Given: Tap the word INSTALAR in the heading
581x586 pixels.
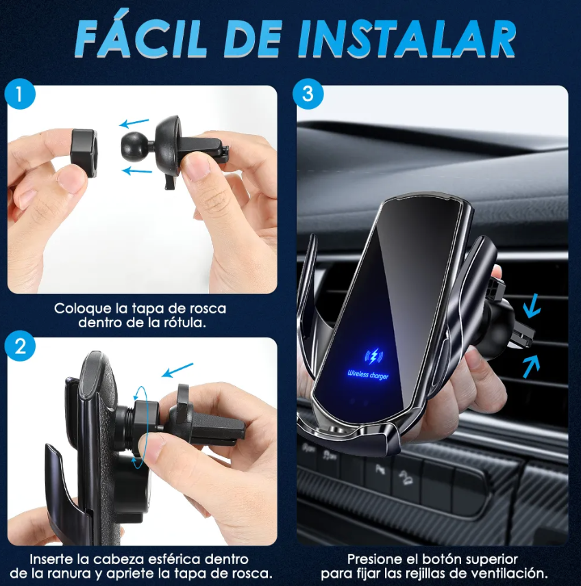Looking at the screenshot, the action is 407,38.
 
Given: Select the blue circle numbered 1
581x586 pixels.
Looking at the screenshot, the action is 20,94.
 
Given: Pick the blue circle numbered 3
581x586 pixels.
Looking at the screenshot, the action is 308,94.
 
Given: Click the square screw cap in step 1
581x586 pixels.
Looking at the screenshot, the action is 84,153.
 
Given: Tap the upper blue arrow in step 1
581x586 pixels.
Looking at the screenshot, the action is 134,123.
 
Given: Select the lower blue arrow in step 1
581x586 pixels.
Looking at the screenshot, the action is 137,171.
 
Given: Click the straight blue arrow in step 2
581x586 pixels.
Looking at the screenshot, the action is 177,370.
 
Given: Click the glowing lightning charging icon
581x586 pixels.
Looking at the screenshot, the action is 373,357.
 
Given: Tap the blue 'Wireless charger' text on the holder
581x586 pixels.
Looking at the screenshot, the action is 368,374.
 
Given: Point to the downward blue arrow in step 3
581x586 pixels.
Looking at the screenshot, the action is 532,306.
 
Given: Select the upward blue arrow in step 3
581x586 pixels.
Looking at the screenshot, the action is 531,366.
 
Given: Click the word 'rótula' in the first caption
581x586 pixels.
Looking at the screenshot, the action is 184,322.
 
